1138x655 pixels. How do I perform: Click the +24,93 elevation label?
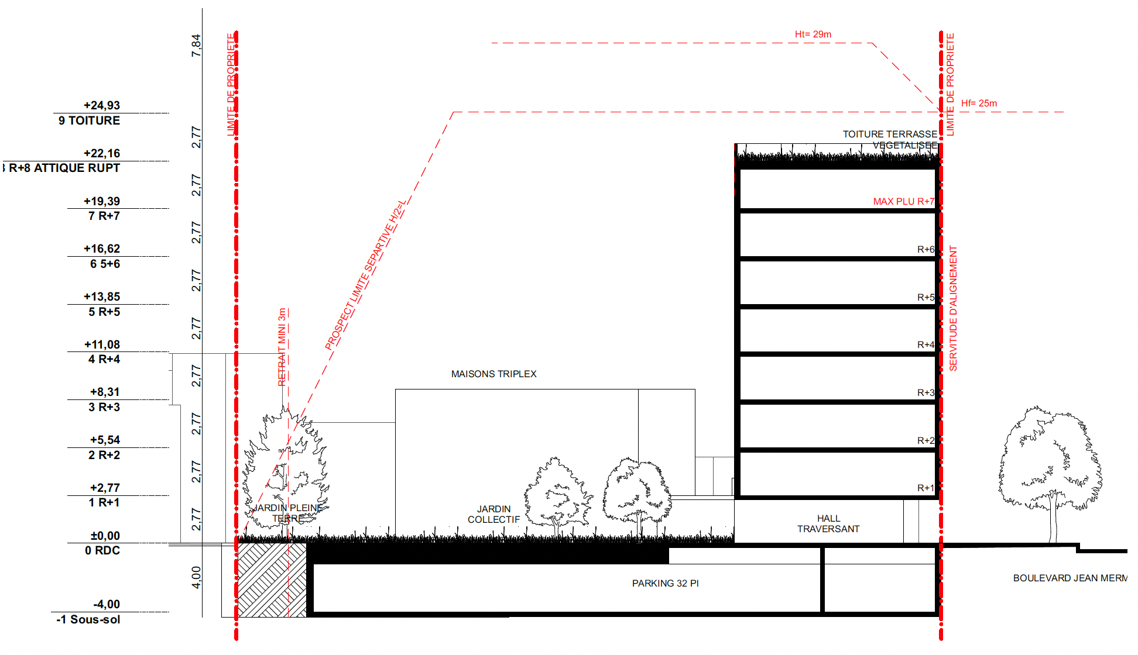pyautogui.click(x=102, y=105)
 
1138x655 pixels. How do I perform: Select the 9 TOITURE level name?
pyautogui.click(x=89, y=120)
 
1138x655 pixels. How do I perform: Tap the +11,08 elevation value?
pyautogui.click(x=102, y=344)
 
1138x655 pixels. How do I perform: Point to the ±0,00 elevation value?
pyautogui.click(x=105, y=536)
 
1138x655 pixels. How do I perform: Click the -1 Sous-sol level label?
pyautogui.click(x=88, y=619)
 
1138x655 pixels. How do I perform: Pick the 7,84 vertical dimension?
pyautogui.click(x=196, y=46)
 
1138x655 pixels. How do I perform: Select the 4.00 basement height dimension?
pyautogui.click(x=196, y=577)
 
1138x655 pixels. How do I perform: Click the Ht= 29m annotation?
pyautogui.click(x=813, y=35)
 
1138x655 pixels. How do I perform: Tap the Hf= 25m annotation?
pyautogui.click(x=979, y=104)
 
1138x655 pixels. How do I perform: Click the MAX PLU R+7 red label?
pyautogui.click(x=903, y=201)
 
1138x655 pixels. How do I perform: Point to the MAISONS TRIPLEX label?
pyautogui.click(x=493, y=374)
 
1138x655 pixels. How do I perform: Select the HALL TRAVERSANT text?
pyautogui.click(x=828, y=523)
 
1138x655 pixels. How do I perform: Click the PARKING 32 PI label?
pyautogui.click(x=665, y=583)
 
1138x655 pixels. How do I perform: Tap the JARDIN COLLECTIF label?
pyautogui.click(x=493, y=514)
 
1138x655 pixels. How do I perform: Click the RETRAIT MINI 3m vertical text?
pyautogui.click(x=282, y=347)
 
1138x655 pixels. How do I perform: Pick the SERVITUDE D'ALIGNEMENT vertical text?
pyautogui.click(x=953, y=308)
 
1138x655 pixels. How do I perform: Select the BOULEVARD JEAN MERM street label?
pyautogui.click(x=1070, y=578)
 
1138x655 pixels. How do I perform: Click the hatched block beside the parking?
pyautogui.click(x=272, y=580)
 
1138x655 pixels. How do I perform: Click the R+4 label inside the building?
pyautogui.click(x=926, y=345)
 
